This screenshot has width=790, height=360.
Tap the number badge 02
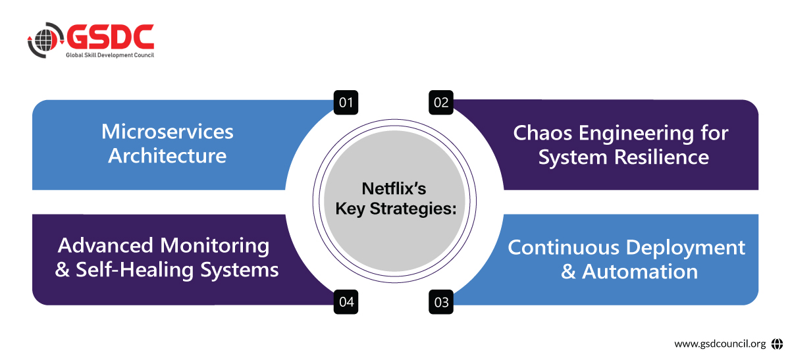pyautogui.click(x=440, y=103)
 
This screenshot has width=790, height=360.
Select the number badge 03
pyautogui.click(x=441, y=302)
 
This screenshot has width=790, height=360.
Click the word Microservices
pyautogui.click(x=167, y=132)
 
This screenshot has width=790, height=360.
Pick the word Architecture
pyautogui.click(x=167, y=156)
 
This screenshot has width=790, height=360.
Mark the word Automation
pyautogui.click(x=640, y=272)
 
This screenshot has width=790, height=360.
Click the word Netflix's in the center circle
pyautogui.click(x=394, y=190)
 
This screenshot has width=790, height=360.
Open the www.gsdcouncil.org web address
pyautogui.click(x=720, y=344)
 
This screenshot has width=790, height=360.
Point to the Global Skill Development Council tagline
pyautogui.click(x=109, y=56)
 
